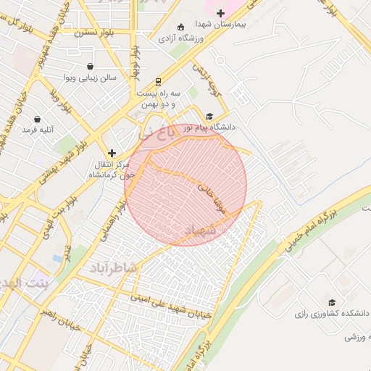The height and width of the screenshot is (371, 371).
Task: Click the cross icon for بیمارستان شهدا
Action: (220, 13)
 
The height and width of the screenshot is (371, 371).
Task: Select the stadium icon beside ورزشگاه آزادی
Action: (161, 36)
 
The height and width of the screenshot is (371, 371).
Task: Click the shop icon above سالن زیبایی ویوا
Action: (90, 66)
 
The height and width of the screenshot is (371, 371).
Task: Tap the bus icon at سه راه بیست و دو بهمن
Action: (159, 82)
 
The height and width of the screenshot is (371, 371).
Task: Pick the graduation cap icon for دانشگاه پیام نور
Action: (210, 116)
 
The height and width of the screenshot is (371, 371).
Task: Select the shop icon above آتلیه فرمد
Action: (37, 118)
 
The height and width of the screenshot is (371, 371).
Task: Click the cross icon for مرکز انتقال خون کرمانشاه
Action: (112, 153)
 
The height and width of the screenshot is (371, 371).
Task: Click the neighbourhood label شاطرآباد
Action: (114, 268)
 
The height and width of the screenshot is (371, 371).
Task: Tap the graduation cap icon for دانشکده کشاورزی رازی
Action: (332, 302)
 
